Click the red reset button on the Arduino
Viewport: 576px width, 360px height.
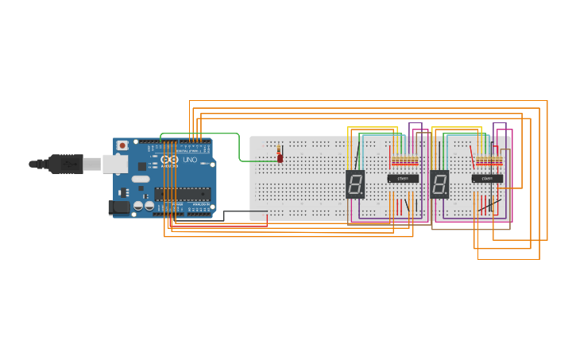[x=122, y=145]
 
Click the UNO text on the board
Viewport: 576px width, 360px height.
[x=190, y=160]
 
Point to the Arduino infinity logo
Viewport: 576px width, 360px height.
[x=169, y=160]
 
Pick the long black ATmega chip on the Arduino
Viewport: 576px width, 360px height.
[x=182, y=193]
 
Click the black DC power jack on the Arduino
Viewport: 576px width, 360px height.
[x=118, y=207]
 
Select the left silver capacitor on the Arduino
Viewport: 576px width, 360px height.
[x=138, y=206]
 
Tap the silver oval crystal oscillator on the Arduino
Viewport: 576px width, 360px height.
[x=141, y=179]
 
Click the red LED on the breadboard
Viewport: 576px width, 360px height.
[x=280, y=158]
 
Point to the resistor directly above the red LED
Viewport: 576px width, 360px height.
[x=279, y=149]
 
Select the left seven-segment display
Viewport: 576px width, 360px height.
[x=355, y=184]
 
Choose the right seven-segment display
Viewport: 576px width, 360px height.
[x=439, y=184]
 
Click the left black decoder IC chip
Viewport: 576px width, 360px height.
[x=403, y=179]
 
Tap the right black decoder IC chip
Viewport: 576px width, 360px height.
[x=487, y=179]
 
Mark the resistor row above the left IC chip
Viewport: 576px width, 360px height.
[x=404, y=161]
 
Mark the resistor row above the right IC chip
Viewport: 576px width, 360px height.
[x=489, y=161]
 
